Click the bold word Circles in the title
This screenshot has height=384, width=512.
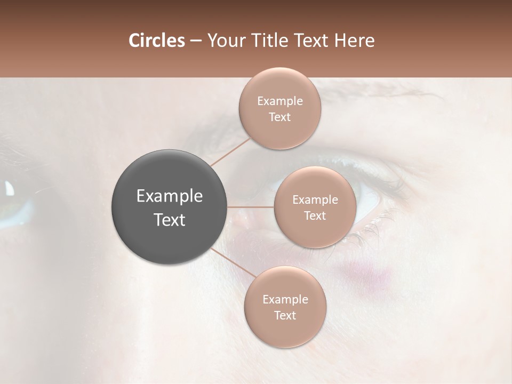pyautogui.click(x=156, y=41)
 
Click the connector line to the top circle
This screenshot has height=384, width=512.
pyautogui.click(x=230, y=151)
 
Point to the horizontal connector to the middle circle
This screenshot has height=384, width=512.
pyautogui.click(x=251, y=207)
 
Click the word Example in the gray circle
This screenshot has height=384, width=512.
pyautogui.click(x=170, y=196)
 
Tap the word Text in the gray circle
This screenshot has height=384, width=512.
pyautogui.click(x=170, y=220)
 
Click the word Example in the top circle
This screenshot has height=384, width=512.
pyautogui.click(x=280, y=101)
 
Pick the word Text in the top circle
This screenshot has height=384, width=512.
pyautogui.click(x=280, y=117)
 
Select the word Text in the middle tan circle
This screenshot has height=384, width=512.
pyautogui.click(x=315, y=216)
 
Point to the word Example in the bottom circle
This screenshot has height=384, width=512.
pyautogui.click(x=285, y=299)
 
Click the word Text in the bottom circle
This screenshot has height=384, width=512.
pyautogui.click(x=285, y=316)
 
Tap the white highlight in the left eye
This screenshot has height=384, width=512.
pyautogui.click(x=10, y=188)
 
